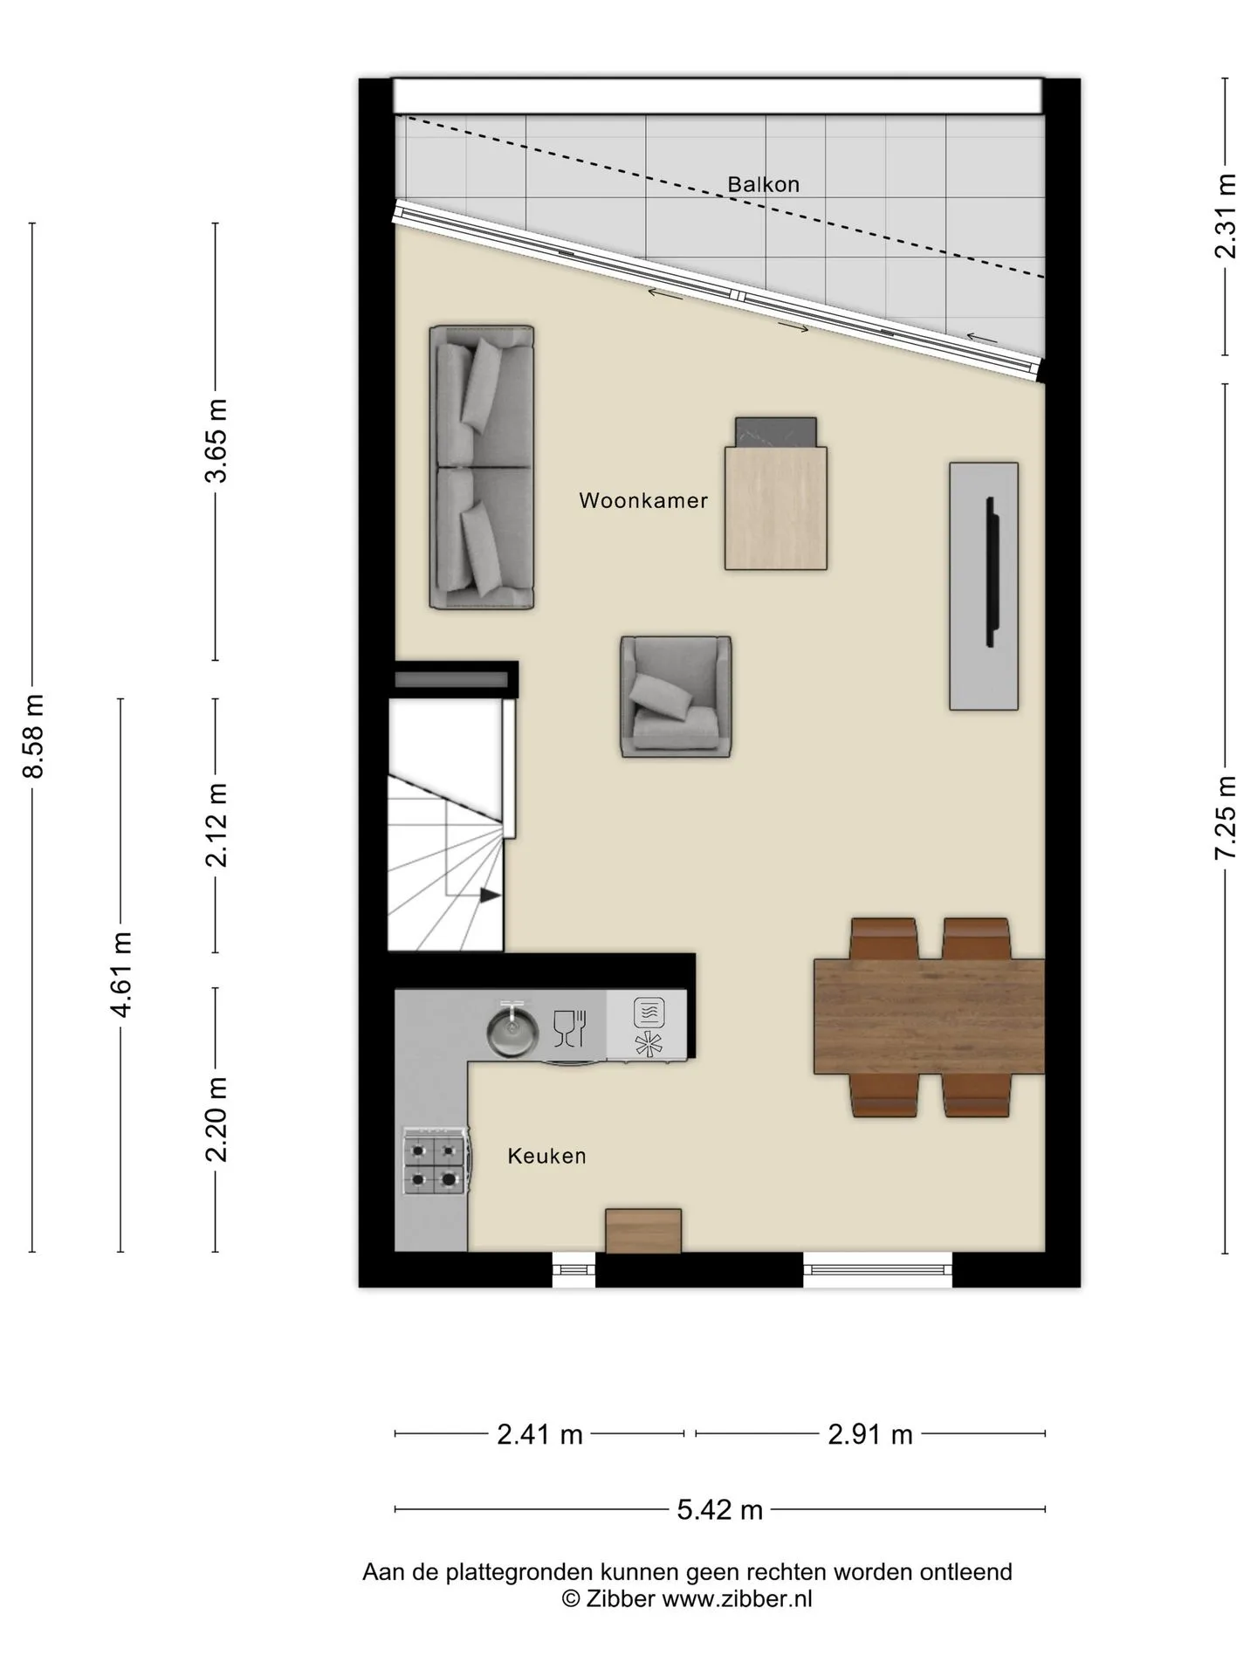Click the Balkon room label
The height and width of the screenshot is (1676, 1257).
tap(764, 184)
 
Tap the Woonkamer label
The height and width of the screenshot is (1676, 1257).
tap(643, 501)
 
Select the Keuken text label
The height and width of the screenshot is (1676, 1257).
tap(547, 1156)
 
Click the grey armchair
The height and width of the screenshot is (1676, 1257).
tap(676, 696)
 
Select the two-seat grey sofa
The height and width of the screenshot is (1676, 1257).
tap(482, 467)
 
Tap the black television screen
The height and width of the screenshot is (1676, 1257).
tap(991, 572)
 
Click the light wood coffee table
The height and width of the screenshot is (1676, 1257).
tap(776, 507)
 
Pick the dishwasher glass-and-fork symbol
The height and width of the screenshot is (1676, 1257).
tap(569, 1028)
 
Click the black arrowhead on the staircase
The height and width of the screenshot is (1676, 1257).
tap(490, 895)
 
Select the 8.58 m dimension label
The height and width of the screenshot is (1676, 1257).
tap(33, 736)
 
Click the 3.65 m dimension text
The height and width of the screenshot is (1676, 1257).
tap(216, 441)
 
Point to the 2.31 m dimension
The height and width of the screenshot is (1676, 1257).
tap(1226, 216)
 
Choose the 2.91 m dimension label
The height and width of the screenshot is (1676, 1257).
tap(870, 1433)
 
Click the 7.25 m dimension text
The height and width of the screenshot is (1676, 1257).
tap(1226, 818)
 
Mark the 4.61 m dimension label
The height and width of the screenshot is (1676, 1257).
tap(121, 974)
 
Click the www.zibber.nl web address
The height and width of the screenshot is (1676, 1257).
tap(738, 1598)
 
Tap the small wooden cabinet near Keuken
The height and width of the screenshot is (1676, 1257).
tap(643, 1231)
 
